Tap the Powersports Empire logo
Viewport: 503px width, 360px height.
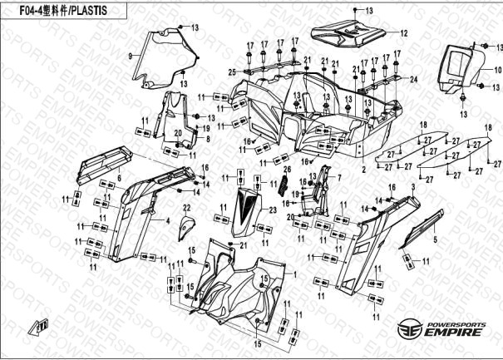click(440, 328)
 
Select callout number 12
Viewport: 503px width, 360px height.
click(403, 34)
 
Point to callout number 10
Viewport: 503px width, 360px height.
click(498, 70)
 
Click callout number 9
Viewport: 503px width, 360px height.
click(130, 55)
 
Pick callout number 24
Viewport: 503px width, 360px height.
click(411, 80)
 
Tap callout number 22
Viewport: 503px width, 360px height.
click(187, 207)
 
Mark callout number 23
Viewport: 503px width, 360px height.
click(272, 212)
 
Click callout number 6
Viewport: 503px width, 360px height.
click(119, 177)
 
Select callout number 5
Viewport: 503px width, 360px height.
click(433, 239)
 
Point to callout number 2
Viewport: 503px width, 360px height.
click(363, 169)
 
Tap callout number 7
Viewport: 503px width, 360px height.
click(338, 179)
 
